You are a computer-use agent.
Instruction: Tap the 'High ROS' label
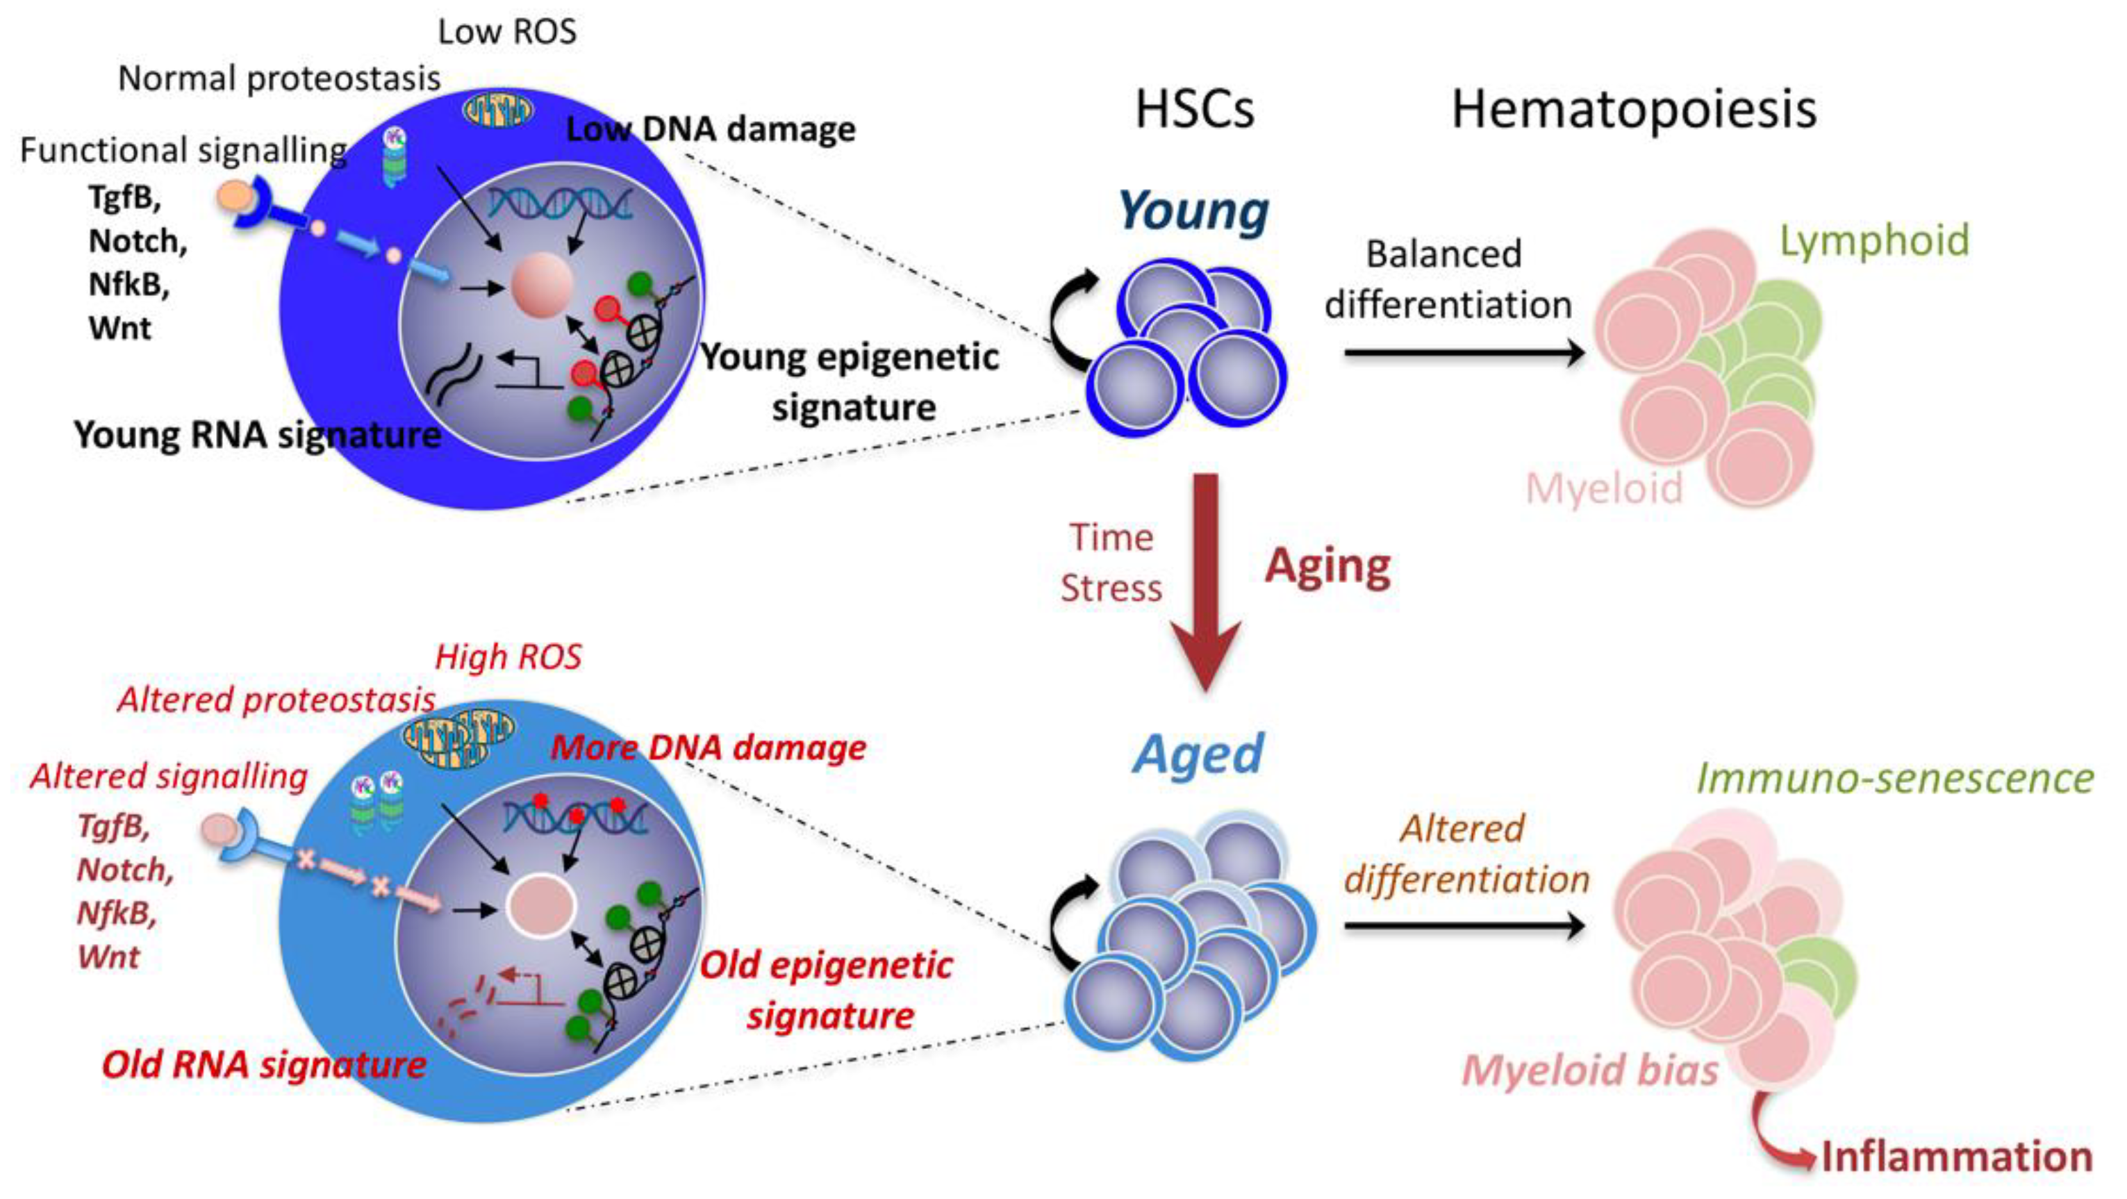tap(508, 657)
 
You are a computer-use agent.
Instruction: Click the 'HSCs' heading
tap(1194, 109)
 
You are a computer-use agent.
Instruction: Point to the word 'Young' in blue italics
tap(1193, 211)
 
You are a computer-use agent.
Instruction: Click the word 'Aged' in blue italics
tap(1198, 754)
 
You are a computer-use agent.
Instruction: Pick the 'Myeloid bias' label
tap(1590, 1071)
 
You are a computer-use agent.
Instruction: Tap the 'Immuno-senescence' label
tap(1895, 779)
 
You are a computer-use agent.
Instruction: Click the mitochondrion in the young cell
tap(497, 110)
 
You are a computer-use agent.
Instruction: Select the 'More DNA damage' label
tap(709, 748)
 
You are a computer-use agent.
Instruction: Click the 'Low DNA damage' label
tap(710, 130)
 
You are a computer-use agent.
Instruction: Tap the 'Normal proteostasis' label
tap(279, 79)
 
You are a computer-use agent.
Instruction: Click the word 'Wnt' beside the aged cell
tap(108, 958)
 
